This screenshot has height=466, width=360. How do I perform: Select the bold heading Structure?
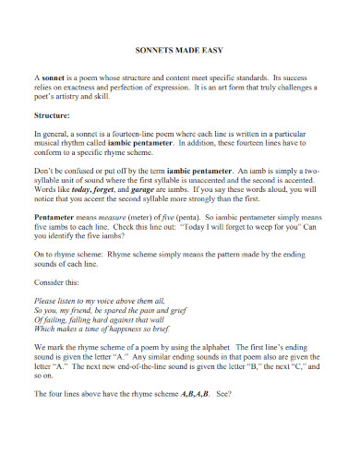pyautogui.click(x=53, y=117)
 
